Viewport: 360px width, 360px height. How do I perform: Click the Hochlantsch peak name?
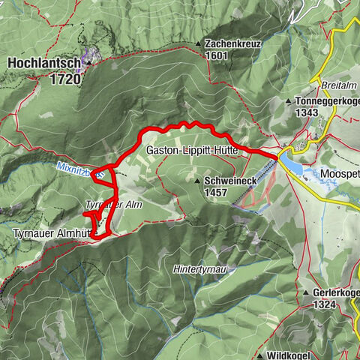pyautogui.click(x=43, y=64)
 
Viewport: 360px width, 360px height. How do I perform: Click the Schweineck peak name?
pyautogui.click(x=229, y=181)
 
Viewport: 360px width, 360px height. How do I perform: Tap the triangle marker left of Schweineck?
pyautogui.click(x=196, y=181)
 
